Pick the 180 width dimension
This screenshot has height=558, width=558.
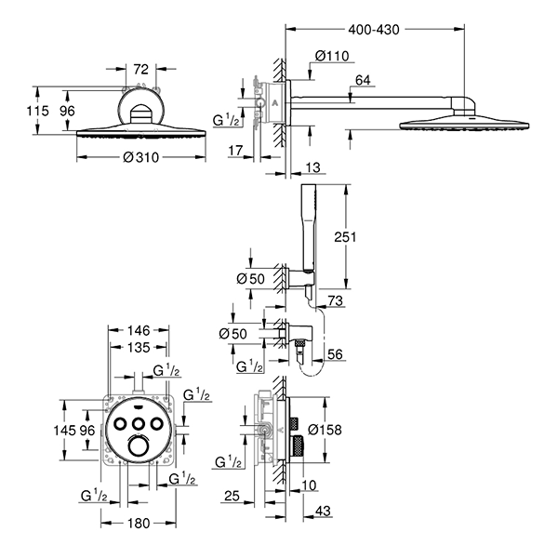click(138, 524)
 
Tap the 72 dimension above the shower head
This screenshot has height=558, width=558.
click(141, 69)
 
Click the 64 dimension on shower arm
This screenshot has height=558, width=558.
click(363, 82)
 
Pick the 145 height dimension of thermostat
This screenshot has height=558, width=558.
click(64, 431)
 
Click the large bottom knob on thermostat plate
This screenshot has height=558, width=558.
click(139, 448)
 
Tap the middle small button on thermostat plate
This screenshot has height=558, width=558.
click(139, 424)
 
